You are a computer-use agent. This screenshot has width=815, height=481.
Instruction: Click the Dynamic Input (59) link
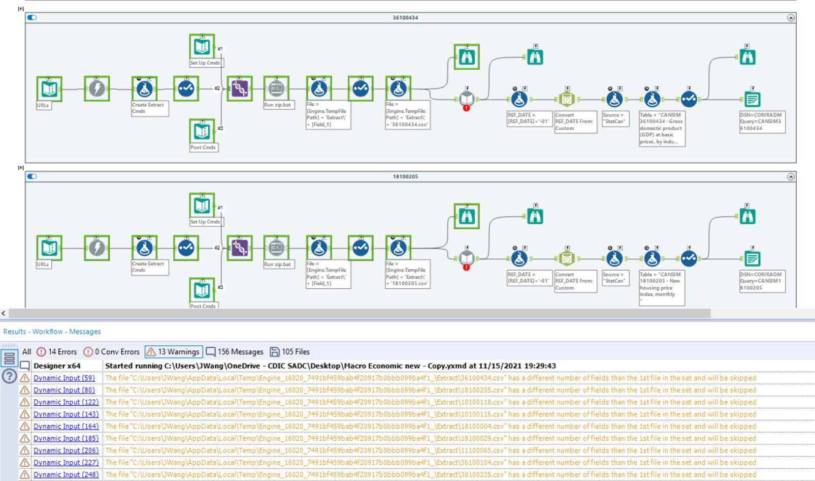[64, 378]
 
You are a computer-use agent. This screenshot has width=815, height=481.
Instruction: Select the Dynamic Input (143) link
[66, 414]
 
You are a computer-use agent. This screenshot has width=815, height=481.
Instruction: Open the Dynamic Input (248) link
[66, 474]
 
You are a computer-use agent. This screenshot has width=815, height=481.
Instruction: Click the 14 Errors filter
[57, 352]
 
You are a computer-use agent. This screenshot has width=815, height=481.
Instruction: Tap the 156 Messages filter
[235, 352]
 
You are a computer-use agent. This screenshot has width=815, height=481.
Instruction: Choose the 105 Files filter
[289, 352]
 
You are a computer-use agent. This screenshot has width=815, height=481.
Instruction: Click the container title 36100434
[405, 18]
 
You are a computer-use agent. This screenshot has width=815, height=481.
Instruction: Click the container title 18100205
[405, 176]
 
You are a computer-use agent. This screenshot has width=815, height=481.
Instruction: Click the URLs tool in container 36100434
[49, 89]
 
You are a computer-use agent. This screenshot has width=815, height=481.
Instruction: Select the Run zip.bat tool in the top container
[276, 88]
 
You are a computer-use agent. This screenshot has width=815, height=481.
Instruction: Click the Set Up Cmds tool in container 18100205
[202, 205]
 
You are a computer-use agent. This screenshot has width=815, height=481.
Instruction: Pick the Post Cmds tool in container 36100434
[202, 131]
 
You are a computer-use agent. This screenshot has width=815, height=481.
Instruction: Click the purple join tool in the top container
[239, 89]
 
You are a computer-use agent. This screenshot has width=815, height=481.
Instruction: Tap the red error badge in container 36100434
[466, 108]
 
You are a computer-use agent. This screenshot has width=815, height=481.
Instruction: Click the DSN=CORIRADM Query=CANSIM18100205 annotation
[762, 281]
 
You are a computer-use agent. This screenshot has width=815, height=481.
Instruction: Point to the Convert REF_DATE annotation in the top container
[575, 122]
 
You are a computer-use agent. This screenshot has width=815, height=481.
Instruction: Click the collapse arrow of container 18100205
[791, 176]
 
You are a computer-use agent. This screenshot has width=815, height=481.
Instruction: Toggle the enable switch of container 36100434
[32, 17]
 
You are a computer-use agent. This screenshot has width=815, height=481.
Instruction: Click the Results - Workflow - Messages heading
[52, 332]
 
